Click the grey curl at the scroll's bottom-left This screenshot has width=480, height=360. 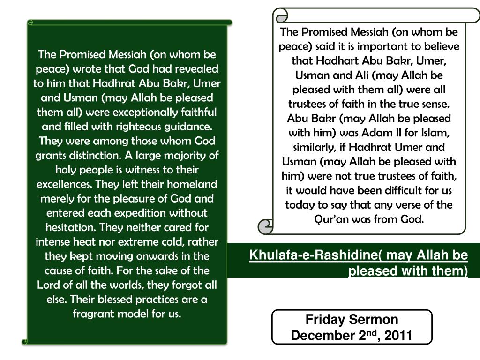266,227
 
